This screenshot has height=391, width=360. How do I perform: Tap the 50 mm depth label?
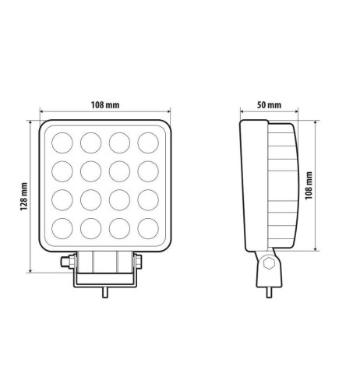point(268,104)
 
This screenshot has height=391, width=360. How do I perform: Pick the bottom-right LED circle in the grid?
point(148,230)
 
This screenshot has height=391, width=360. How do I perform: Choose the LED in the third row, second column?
point(91,201)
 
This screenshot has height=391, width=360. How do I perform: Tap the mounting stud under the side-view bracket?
point(270,292)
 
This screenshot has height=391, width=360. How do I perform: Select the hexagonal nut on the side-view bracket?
point(270,263)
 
